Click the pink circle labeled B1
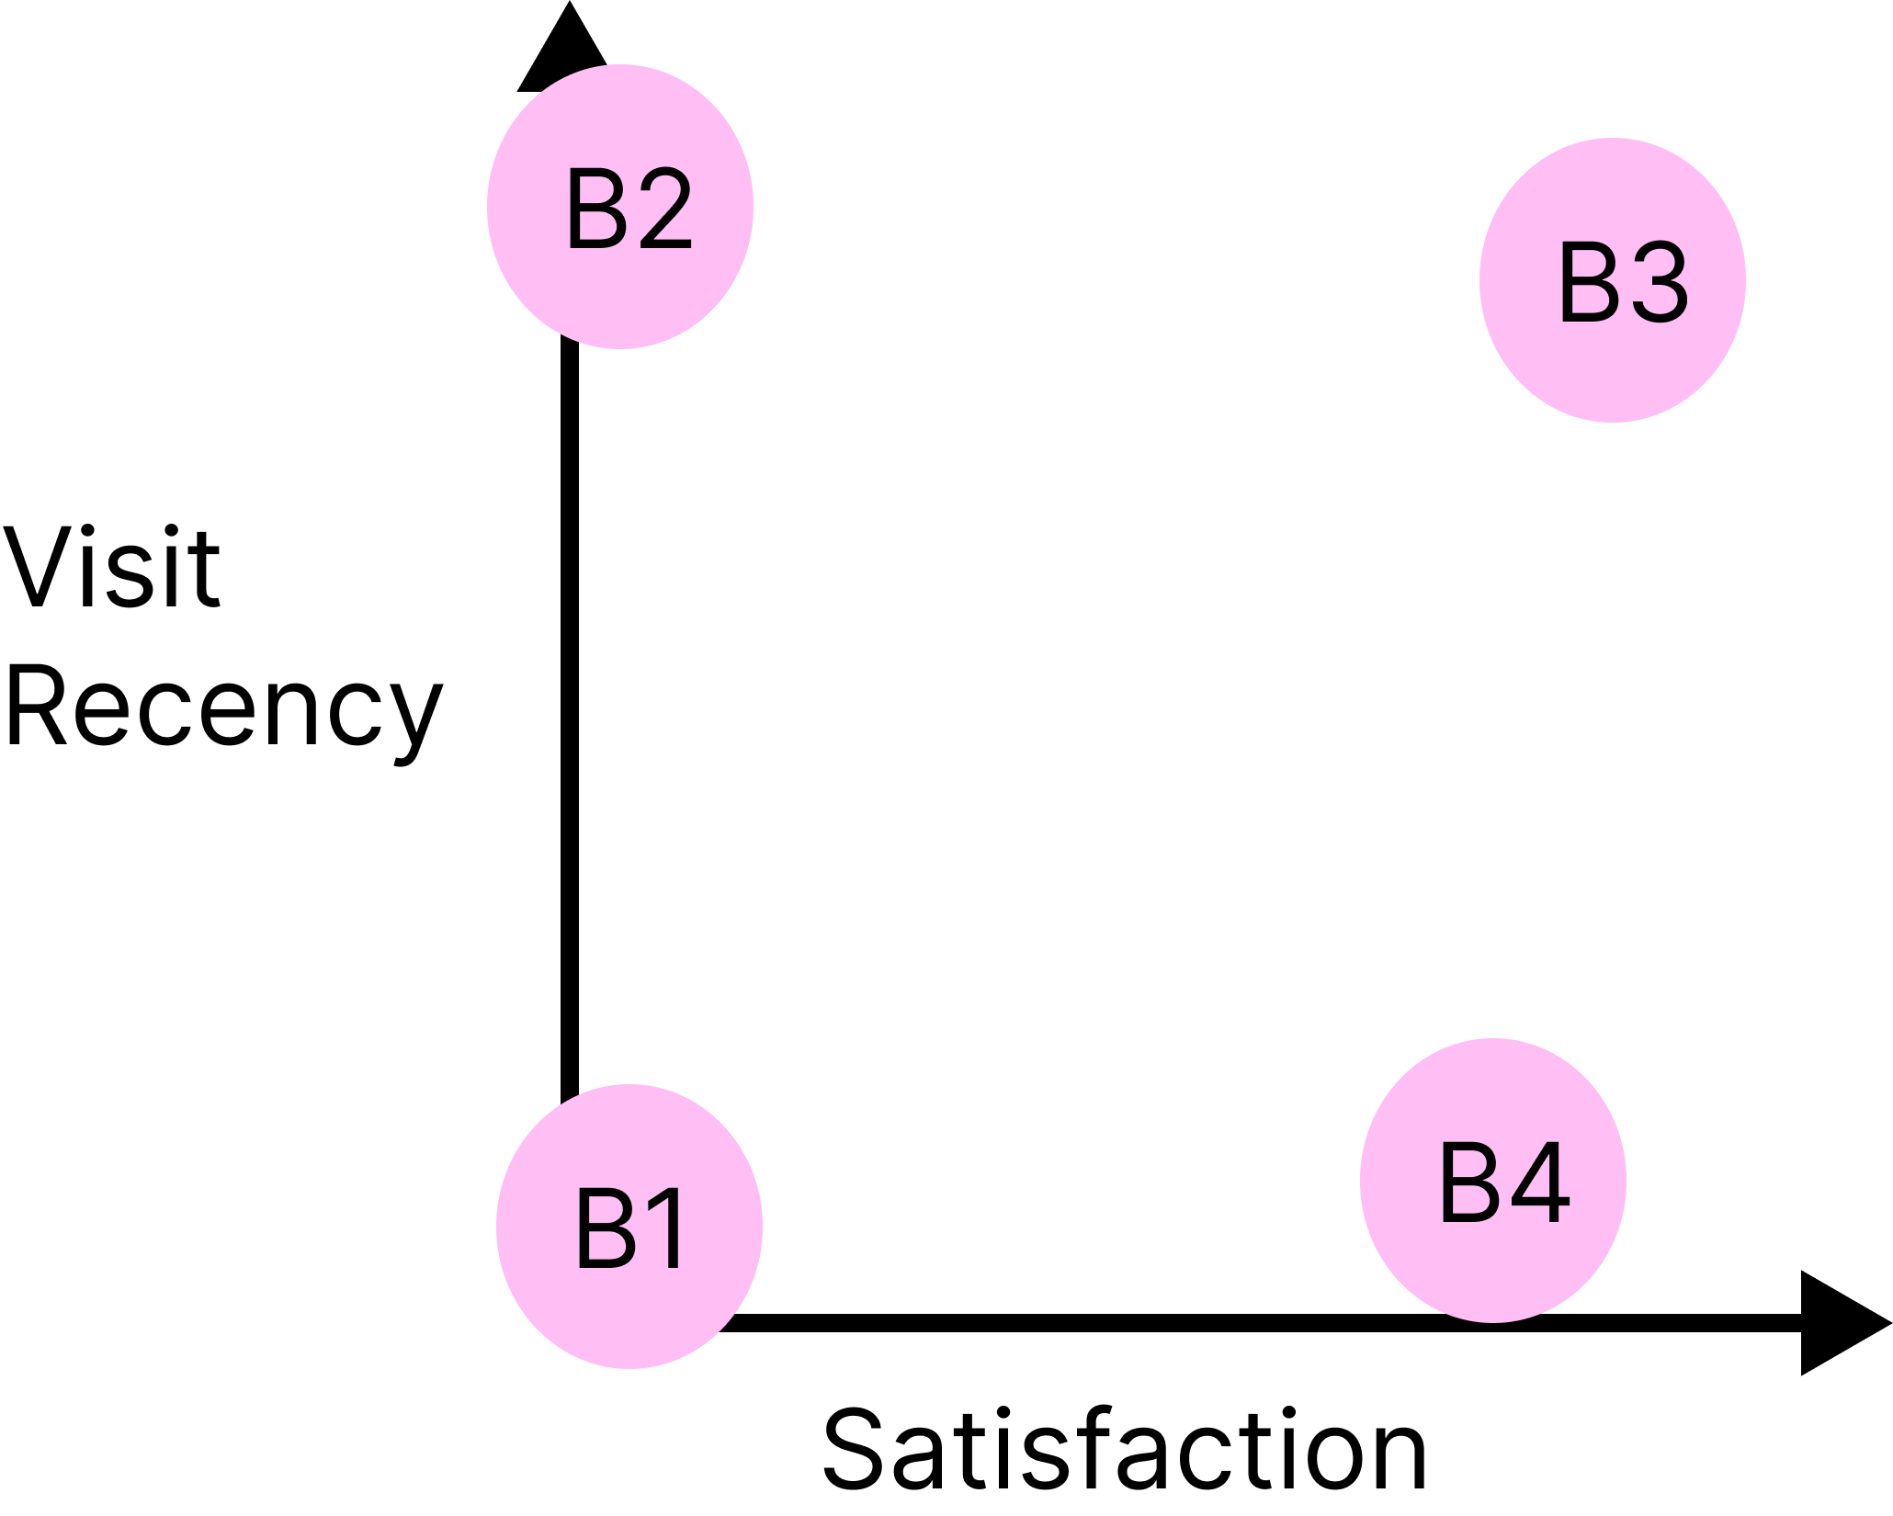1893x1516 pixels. tap(629, 1227)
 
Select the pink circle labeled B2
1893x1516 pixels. tap(620, 207)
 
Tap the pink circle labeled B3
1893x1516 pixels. tap(1613, 280)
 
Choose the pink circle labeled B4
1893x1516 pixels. tap(1493, 1181)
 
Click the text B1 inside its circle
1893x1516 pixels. tap(630, 1228)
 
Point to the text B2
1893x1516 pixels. tap(629, 210)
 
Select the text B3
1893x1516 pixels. tap(1623, 283)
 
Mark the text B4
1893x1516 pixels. tap(1503, 1183)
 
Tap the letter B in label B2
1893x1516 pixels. tap(595, 210)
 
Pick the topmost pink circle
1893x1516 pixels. tap(620, 207)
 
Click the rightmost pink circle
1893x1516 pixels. tap(1613, 280)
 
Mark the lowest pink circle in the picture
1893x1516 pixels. tap(629, 1227)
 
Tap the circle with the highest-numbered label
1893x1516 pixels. tap(1493, 1181)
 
